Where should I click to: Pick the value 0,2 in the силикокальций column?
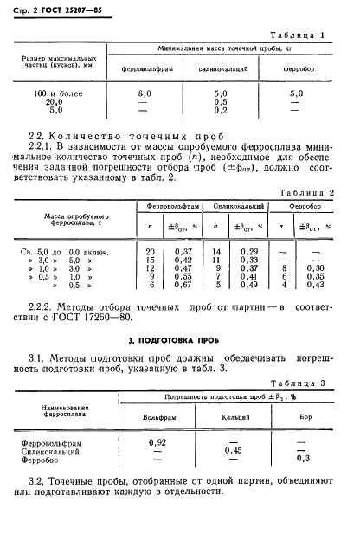[222, 110]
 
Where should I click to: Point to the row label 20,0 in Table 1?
[56, 101]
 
